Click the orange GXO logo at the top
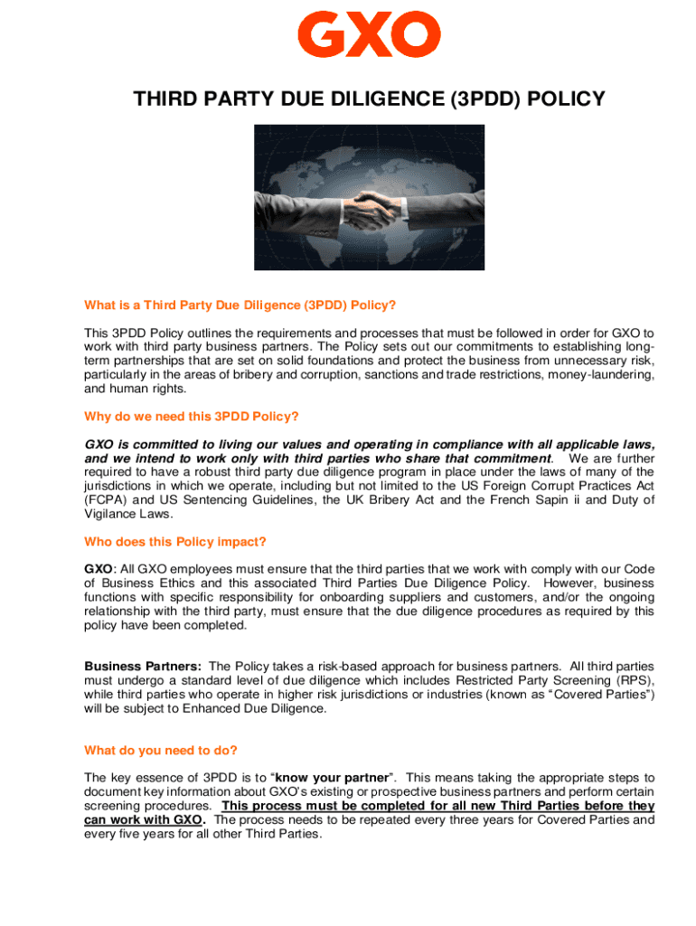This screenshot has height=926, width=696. pyautogui.click(x=369, y=34)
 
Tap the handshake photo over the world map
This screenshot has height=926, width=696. pyautogui.click(x=369, y=196)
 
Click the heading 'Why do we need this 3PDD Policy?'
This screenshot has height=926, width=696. pyautogui.click(x=191, y=416)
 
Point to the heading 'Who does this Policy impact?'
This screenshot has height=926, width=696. pyautogui.click(x=175, y=542)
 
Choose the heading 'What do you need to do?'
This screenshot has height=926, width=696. pyautogui.click(x=160, y=750)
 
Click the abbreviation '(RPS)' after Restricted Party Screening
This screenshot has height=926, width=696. pyautogui.click(x=631, y=681)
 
